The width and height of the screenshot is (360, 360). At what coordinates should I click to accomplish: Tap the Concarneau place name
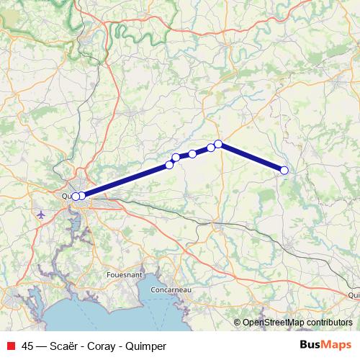click(x=171, y=289)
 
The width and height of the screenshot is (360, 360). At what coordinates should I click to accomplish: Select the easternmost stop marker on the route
click(x=284, y=170)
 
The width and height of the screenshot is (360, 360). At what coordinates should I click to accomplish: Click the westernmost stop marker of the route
click(x=76, y=196)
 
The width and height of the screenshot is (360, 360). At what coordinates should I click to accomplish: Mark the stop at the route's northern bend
click(x=218, y=144)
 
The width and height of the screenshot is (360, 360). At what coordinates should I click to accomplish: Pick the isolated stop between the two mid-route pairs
click(x=192, y=153)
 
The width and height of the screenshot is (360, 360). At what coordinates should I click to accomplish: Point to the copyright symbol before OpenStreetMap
click(x=238, y=323)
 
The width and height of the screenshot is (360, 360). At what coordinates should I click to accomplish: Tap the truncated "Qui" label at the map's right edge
click(x=353, y=294)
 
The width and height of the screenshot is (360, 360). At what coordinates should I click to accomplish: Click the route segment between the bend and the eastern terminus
click(x=252, y=157)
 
